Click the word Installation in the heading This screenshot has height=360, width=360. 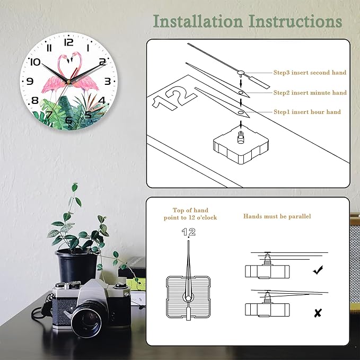tap(197, 21)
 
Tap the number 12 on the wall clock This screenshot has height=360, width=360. tap(68, 42)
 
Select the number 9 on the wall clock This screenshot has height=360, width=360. tap(30, 81)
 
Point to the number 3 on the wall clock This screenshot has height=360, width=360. tap(107, 81)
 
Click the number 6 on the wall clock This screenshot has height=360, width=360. tap(68, 120)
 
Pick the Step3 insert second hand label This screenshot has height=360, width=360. tap(310, 73)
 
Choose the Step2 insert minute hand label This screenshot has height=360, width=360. tap(310, 93)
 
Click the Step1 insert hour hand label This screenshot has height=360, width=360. tap(307, 112)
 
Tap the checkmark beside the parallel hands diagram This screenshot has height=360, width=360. tap(318, 270)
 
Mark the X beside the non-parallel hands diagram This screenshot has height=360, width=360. tap(318, 313)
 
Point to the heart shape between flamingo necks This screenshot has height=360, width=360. tap(69, 65)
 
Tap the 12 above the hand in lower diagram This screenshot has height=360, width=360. tap(188, 232)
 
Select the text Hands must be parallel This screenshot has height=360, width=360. tap(277, 216)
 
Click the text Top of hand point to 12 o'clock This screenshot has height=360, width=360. tap(190, 214)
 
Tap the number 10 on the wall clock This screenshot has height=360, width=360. tap(36, 62)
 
